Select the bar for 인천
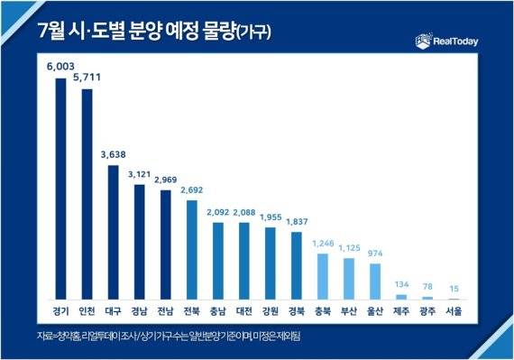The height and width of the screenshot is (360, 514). (87, 193)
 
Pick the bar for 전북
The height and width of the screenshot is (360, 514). (191, 249)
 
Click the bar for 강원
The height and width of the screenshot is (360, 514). (270, 263)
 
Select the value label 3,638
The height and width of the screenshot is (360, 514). (113, 154)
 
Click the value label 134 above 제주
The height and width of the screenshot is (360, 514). (400, 283)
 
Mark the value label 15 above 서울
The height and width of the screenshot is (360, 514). (453, 288)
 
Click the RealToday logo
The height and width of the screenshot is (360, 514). (448, 40)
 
